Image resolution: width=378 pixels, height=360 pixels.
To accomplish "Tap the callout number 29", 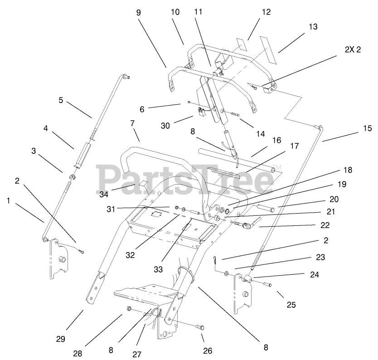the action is tap(61, 339).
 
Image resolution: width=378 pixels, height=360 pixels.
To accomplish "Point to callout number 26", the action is tap(208, 350).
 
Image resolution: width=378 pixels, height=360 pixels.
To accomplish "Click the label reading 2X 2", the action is tap(352, 50).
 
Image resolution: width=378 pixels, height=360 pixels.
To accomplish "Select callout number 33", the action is tap(158, 269).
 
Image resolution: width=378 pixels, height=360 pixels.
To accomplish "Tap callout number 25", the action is tap(291, 305).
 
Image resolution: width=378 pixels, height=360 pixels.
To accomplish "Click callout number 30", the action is tap(165, 125).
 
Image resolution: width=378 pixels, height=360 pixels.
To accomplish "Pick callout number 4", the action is tap(46, 128).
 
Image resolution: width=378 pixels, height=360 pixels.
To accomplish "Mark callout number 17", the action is tap(295, 146).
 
